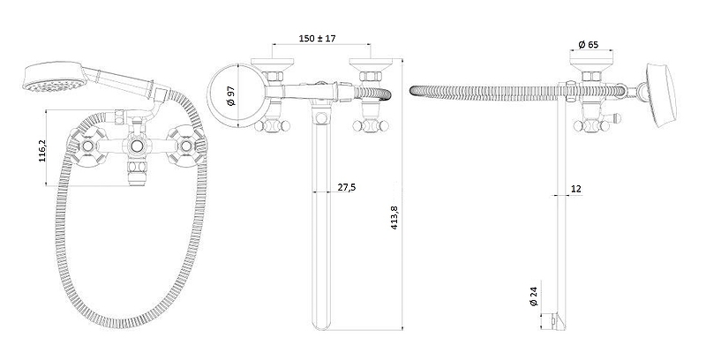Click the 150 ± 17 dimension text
[x=317, y=38]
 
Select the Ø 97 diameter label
[x=231, y=96]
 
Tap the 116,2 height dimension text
[x=41, y=150]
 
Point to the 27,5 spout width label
[x=347, y=187]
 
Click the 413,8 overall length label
[x=394, y=218]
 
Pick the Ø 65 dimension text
[x=589, y=44]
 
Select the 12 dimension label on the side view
[x=576, y=189]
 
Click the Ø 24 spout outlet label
[x=534, y=296]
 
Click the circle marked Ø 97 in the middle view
[x=207, y=95]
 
